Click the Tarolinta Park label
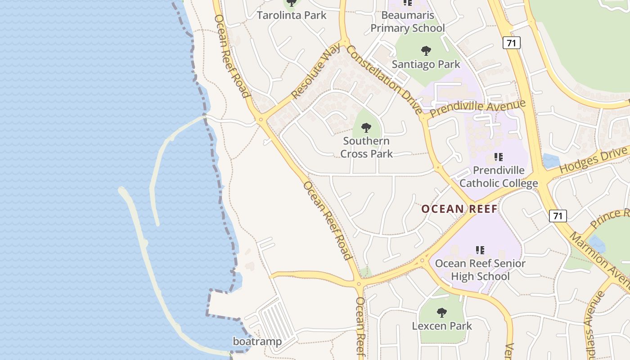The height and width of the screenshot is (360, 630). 291,15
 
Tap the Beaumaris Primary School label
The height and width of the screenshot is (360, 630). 408,22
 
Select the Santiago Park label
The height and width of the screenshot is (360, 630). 426,64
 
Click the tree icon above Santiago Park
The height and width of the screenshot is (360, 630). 426,50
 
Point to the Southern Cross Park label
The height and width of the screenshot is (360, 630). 366,147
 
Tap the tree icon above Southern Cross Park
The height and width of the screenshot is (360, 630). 366,128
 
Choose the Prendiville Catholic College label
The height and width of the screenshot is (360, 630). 499,177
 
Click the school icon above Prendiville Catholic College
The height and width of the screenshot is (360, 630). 499,157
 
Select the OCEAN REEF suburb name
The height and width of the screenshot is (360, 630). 459,209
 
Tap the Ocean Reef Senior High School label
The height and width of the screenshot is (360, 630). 480,270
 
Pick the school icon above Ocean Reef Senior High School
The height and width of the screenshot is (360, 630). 480,250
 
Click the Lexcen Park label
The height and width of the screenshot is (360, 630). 442,326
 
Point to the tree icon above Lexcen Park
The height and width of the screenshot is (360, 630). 442,312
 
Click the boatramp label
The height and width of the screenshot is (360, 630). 257,342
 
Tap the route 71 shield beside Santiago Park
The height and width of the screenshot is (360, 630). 512,43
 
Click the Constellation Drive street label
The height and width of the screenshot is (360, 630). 385,79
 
